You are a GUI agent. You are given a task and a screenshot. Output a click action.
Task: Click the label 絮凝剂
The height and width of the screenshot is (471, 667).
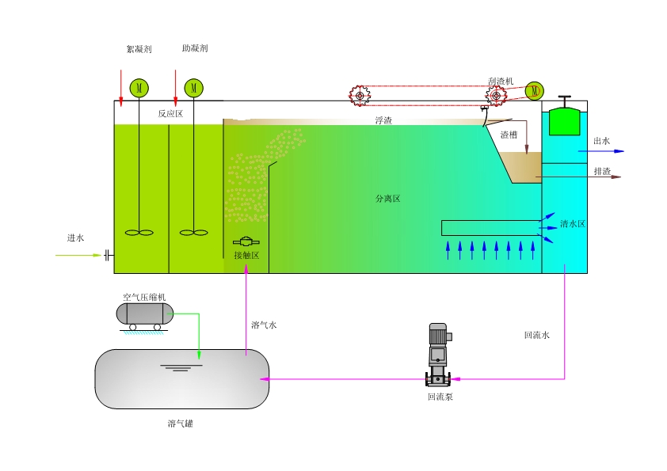139,49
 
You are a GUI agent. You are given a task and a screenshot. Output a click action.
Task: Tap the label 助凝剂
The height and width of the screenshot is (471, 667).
194,48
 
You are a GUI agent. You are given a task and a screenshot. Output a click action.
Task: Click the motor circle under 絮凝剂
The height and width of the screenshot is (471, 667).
139,87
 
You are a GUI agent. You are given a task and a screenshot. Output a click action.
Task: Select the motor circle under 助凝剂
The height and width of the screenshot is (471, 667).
193,87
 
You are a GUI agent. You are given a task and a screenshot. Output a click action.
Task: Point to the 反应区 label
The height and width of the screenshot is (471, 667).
170,114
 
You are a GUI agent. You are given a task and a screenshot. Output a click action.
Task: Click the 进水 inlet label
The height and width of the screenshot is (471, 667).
75,237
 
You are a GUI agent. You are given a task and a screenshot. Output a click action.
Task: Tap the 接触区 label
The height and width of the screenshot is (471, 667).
246,255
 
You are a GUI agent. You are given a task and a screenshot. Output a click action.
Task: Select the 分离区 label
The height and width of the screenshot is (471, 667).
388,199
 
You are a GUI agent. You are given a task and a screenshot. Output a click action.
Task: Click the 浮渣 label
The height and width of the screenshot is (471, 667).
383,120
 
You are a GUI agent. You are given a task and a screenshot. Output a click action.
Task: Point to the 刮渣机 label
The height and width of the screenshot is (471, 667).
501,82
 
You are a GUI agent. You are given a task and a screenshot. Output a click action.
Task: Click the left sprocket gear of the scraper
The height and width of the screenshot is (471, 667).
360,96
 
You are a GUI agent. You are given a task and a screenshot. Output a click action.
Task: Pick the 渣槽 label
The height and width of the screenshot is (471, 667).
509,135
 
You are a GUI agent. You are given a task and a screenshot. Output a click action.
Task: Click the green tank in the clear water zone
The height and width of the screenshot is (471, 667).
564,120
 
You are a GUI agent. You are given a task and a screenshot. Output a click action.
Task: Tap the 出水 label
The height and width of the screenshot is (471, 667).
602,142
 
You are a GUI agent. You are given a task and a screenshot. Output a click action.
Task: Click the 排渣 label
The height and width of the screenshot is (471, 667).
602,171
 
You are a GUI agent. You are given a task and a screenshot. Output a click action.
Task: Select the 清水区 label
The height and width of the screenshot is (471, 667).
573,224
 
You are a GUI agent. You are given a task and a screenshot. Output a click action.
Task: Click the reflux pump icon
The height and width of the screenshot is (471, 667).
439,355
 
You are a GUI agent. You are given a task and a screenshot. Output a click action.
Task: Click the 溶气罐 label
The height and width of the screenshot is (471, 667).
181,424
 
